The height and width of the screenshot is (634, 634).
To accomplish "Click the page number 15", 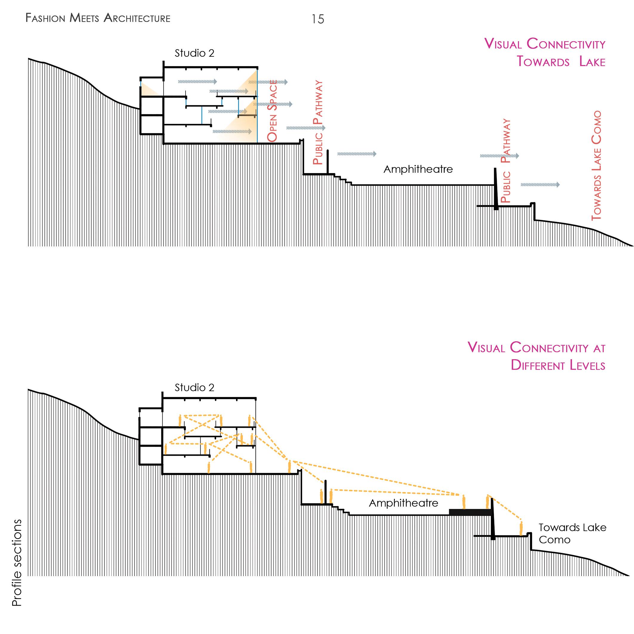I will coord(317,19).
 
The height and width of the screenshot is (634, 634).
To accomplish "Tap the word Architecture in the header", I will coord(137,18).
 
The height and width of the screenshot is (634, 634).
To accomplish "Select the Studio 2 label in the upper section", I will coord(194,53).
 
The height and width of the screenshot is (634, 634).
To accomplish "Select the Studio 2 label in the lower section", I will coord(194,388).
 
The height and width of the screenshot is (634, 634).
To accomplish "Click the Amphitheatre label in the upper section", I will coord(418,169).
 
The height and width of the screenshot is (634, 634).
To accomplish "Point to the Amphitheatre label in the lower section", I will coord(403,503).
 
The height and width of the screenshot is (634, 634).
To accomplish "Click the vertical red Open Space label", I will coord(272,111).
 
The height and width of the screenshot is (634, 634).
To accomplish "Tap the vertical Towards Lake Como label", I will coord(596,166).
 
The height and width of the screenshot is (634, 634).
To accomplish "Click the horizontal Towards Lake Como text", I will coord(572,533).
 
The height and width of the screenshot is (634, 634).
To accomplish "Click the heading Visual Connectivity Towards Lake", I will coord(545,53).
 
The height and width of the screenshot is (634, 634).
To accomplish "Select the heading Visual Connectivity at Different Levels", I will coord(536,356).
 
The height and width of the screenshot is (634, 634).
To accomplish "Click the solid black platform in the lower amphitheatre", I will coord(469,512).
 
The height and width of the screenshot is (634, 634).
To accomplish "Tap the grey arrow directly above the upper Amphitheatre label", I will coord(357,154).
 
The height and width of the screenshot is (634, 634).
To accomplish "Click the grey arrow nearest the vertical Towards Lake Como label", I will coord(540,185).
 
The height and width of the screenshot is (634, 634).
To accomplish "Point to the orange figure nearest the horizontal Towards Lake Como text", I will coord(521,528).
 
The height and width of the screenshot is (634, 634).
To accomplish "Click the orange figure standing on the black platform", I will coord(464,502).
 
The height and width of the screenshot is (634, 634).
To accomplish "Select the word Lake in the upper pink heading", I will coord(592,62).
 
